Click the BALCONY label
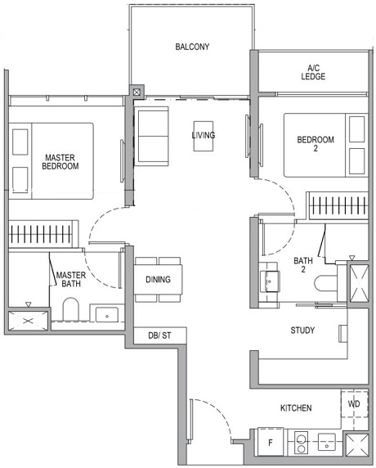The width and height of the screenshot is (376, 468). coord(192,47)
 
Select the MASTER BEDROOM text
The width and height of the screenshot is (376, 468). coord(61,161)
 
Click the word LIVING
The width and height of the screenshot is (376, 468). coord(204,135)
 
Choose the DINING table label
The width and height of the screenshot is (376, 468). coord(159,280)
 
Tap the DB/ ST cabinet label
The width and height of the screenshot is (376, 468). coord(156,335)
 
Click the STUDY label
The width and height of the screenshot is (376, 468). coord(302,331)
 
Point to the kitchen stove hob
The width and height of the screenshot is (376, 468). coord(299,444)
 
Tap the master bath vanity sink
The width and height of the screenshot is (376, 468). coord(106,315)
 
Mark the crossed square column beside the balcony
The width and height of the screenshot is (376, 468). coord(136,92)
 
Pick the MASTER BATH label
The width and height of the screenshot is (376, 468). coord(71,279)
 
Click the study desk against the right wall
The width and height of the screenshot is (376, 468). coord(342,332)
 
